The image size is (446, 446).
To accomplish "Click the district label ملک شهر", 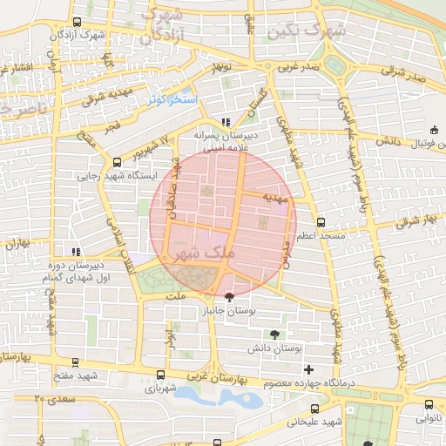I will [x=205, y=252].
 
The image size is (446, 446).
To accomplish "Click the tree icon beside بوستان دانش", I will [x=275, y=334].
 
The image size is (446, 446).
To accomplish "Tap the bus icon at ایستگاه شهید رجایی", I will [x=118, y=161].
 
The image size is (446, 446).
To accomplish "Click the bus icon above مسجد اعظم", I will [x=321, y=222].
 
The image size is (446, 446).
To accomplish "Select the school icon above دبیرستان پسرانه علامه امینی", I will [x=226, y=123].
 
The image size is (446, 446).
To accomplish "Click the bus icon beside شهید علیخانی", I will [x=314, y=409].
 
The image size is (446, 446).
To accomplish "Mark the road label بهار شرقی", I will [x=414, y=222].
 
